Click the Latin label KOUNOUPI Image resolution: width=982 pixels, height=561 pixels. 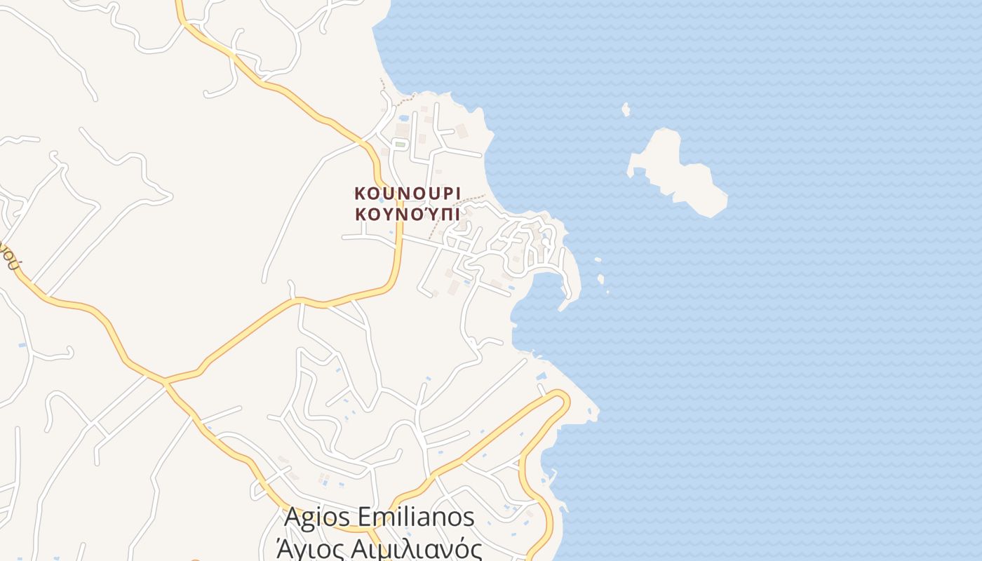coord(408,194)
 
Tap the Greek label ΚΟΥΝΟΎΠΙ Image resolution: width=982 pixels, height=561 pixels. coord(408,214)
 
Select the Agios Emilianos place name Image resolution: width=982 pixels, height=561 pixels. coord(379,518)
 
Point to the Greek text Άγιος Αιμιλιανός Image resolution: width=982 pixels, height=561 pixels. coord(379,548)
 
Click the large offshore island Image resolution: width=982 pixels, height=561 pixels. coord(675,172)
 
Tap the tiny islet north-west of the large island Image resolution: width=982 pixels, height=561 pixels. coord(626,109)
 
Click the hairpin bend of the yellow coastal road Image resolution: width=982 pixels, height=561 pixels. coord(562,400)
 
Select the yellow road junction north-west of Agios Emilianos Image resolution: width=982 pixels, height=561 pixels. coord(165,382)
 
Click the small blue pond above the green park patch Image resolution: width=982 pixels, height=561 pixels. coord(403,119)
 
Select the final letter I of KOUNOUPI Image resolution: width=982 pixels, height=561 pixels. coord(457,194)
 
